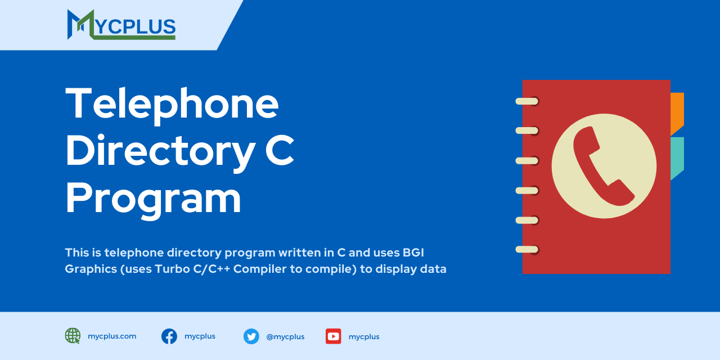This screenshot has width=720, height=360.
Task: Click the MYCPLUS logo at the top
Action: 121,25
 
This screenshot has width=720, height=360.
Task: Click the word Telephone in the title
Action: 172,103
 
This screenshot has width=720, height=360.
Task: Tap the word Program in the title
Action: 153,198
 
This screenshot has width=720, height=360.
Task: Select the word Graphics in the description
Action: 90,269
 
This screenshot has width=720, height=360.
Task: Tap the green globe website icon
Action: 73,336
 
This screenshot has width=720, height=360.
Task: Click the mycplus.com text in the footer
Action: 112,336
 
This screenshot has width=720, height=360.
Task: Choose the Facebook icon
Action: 169,336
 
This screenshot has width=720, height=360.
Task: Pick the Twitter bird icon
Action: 251,336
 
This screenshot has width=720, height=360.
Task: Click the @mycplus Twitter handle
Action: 285,337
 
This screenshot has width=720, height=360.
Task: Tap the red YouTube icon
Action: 334,336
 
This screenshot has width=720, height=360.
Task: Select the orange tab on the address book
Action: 677,112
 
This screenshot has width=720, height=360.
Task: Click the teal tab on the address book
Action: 677,157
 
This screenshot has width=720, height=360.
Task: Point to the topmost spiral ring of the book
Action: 528,101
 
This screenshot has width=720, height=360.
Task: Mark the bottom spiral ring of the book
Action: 528,249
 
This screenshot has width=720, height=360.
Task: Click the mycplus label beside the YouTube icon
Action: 364,337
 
